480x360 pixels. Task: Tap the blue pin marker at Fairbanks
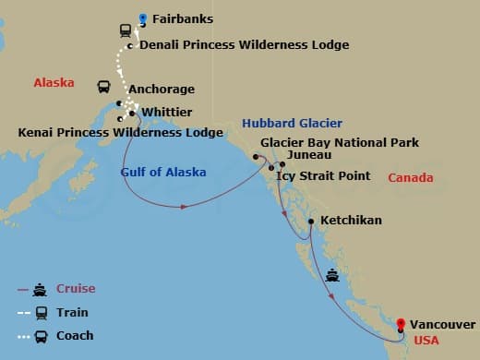(143, 18)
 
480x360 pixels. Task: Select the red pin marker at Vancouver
(400, 324)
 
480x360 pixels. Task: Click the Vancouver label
(443, 325)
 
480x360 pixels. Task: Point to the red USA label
(426, 340)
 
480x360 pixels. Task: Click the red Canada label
(411, 177)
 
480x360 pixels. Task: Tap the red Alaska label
(54, 82)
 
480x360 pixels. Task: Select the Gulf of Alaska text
(163, 172)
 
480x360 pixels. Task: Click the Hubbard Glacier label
(292, 123)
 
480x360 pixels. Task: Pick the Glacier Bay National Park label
(340, 143)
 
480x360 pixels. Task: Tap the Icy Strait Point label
(323, 175)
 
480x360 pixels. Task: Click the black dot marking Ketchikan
(311, 222)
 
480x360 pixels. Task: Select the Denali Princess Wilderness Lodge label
(231, 44)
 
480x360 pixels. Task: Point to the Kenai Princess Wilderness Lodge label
(121, 133)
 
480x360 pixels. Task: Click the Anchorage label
(162, 90)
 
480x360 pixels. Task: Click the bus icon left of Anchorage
(105, 88)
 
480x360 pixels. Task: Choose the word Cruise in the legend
(77, 289)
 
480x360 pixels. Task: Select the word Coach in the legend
(75, 335)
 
